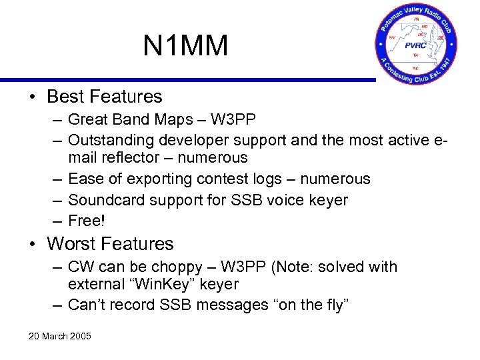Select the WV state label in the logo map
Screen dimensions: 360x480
392,37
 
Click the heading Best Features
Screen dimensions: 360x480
104,97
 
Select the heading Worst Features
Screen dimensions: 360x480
110,244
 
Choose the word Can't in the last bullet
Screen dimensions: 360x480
85,305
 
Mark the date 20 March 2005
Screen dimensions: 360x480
59,336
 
